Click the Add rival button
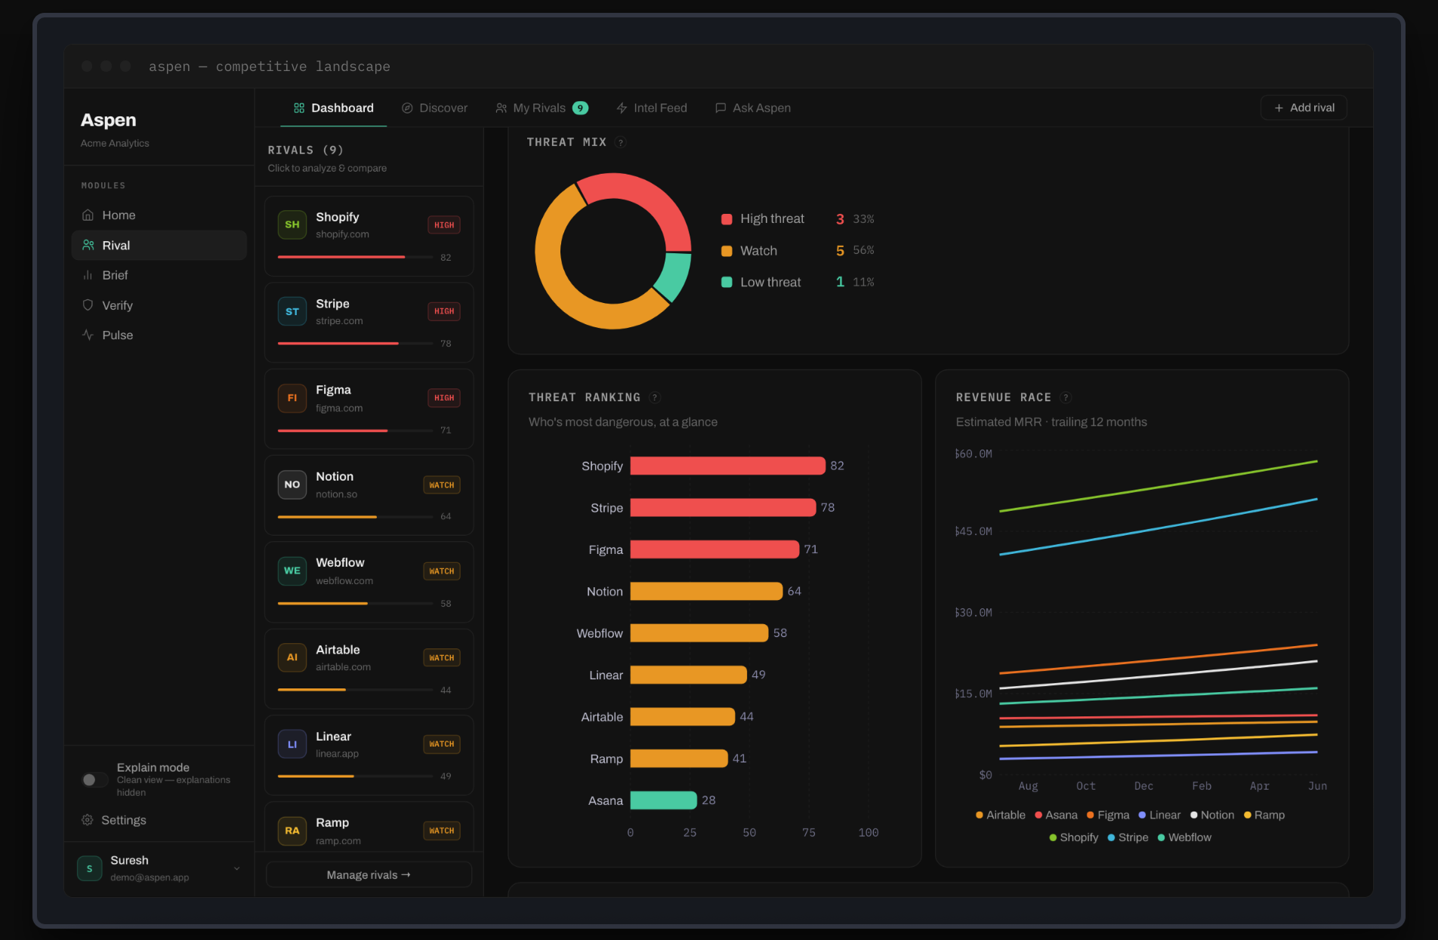coord(1304,108)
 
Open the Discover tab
coord(434,108)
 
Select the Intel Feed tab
coord(651,108)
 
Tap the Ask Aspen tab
coord(753,108)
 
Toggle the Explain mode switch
coord(94,780)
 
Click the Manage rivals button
coord(369,874)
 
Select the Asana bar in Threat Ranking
coord(663,800)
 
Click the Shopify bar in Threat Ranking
coord(727,465)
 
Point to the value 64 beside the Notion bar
coord(794,591)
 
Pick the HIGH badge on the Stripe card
coord(444,311)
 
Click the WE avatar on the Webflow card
coord(292,571)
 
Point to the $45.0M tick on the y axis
coord(974,531)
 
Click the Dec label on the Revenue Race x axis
coord(1143,786)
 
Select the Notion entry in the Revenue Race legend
coord(1212,815)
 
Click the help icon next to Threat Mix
coord(620,142)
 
